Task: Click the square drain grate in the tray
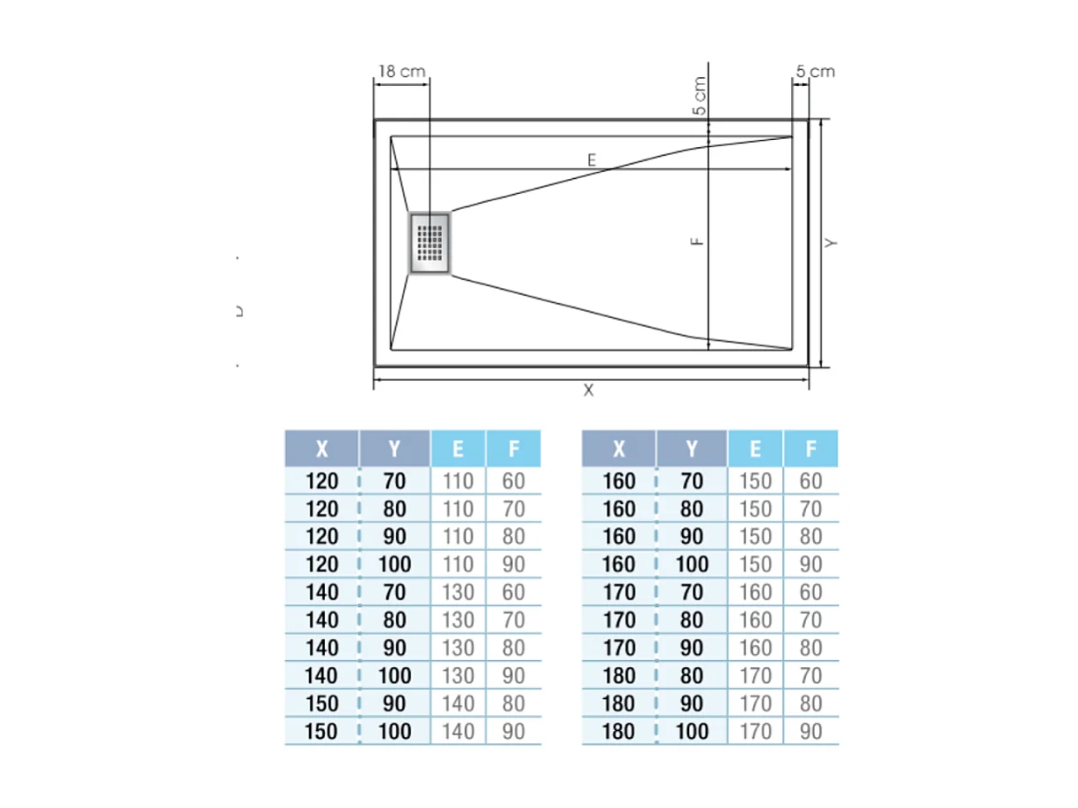(x=430, y=242)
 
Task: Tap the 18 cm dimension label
(x=401, y=71)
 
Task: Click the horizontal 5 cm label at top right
(x=815, y=72)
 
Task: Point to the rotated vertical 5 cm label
(x=700, y=97)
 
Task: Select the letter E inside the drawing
(x=592, y=159)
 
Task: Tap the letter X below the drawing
(x=588, y=390)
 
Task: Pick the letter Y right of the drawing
(x=831, y=242)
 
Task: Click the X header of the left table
(x=322, y=449)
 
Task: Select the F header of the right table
(x=810, y=449)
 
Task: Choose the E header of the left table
(x=458, y=449)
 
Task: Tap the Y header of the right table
(x=692, y=449)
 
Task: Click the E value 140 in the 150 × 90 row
(x=458, y=703)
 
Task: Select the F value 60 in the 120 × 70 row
(x=513, y=481)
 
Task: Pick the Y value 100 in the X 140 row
(x=394, y=676)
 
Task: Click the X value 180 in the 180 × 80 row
(x=618, y=676)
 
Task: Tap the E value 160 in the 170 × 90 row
(x=755, y=648)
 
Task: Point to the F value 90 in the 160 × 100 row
(x=810, y=564)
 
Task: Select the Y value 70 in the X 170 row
(x=692, y=592)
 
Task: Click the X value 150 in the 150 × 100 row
(x=322, y=732)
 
